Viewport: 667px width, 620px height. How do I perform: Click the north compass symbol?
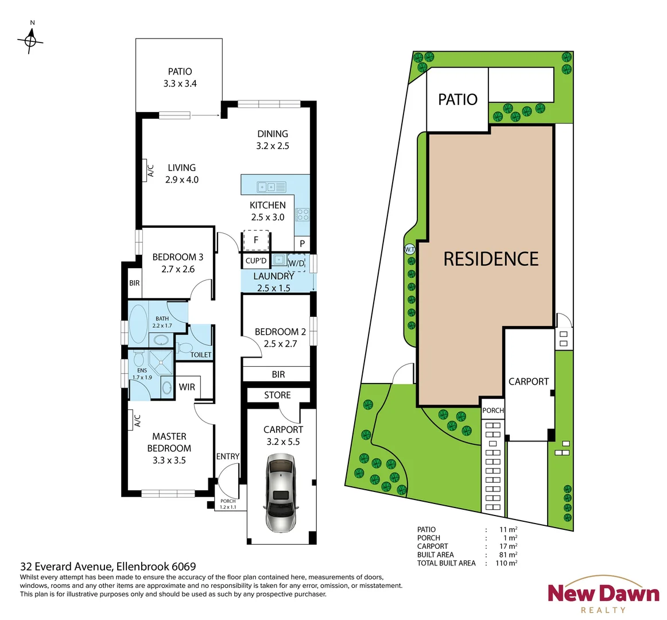pos(31,40)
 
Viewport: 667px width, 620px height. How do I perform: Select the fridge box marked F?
pos(257,241)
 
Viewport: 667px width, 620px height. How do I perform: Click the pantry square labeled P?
pos(303,244)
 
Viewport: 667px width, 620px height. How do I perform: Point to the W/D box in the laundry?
pos(297,263)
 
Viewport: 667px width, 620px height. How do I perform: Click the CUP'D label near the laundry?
pos(256,261)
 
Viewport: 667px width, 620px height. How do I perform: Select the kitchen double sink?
pos(272,187)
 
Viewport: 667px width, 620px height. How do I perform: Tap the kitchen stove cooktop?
pos(303,215)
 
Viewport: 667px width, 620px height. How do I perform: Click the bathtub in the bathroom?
pos(138,323)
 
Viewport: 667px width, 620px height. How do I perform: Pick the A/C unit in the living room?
pos(150,170)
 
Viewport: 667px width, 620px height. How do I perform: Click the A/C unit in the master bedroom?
pos(137,421)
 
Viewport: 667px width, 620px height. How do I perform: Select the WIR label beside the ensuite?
pos(187,387)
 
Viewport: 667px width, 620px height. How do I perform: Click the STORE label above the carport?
pos(277,395)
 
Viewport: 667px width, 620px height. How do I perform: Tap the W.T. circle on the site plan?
pos(409,249)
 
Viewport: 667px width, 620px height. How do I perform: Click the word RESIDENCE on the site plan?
pos(491,259)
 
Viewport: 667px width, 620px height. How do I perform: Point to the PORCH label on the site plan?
pos(493,410)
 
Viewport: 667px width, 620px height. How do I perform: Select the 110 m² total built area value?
pos(506,563)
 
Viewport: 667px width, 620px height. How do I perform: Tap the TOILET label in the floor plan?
pos(201,355)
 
